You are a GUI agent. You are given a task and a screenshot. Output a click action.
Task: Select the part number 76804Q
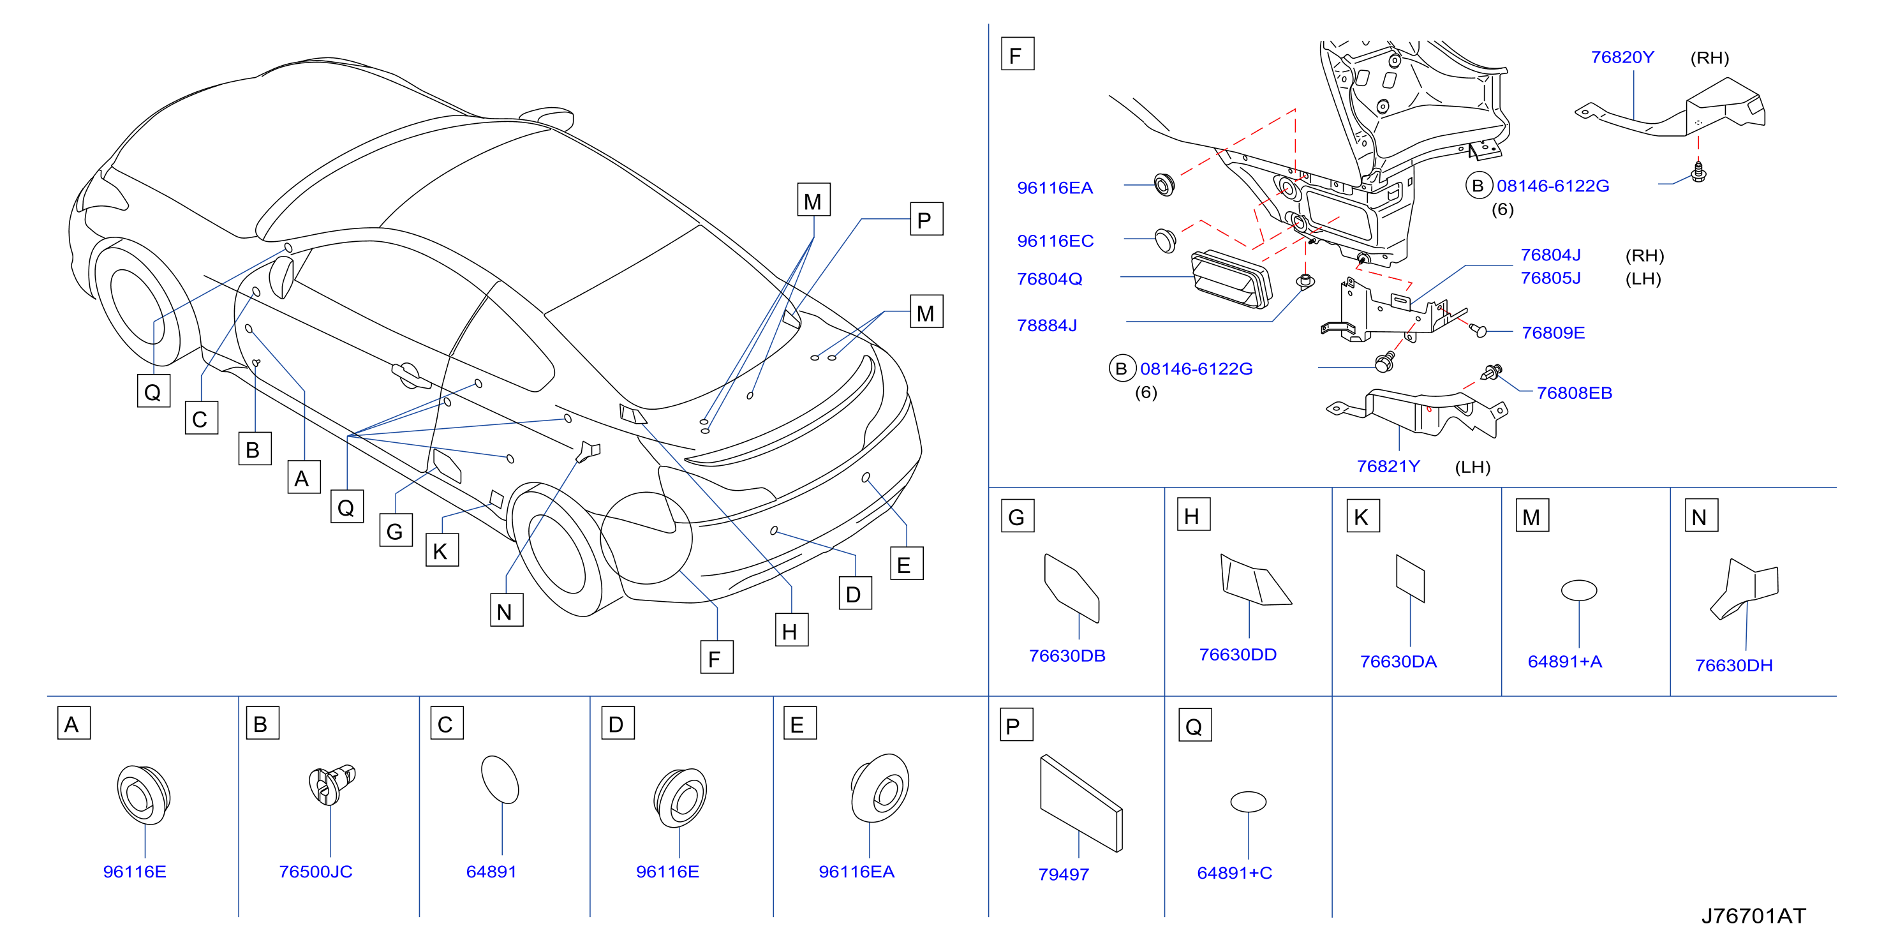tap(1049, 279)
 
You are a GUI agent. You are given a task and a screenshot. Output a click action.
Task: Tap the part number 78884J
tap(1046, 325)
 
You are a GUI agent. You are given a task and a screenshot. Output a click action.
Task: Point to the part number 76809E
tap(1553, 332)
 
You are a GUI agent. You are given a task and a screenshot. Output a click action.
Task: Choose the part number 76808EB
tap(1574, 392)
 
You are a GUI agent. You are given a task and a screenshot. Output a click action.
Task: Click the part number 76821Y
tap(1388, 466)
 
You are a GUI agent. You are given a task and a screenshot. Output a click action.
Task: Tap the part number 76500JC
tap(315, 872)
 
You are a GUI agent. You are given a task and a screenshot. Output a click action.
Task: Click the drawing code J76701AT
tap(1753, 916)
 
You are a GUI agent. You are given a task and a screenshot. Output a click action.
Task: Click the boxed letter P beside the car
tap(926, 220)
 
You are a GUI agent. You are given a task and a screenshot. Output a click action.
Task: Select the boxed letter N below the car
tap(506, 611)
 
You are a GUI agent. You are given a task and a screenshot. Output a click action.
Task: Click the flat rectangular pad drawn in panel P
tap(1081, 803)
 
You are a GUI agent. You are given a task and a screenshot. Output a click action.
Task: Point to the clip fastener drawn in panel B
tap(331, 784)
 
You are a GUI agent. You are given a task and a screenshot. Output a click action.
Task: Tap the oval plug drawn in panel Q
tap(1248, 802)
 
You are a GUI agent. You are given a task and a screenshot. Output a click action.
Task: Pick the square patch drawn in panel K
tap(1410, 578)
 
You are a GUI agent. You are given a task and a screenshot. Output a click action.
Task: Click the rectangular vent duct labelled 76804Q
tap(1231, 280)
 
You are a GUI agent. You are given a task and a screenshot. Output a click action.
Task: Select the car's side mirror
tap(282, 276)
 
